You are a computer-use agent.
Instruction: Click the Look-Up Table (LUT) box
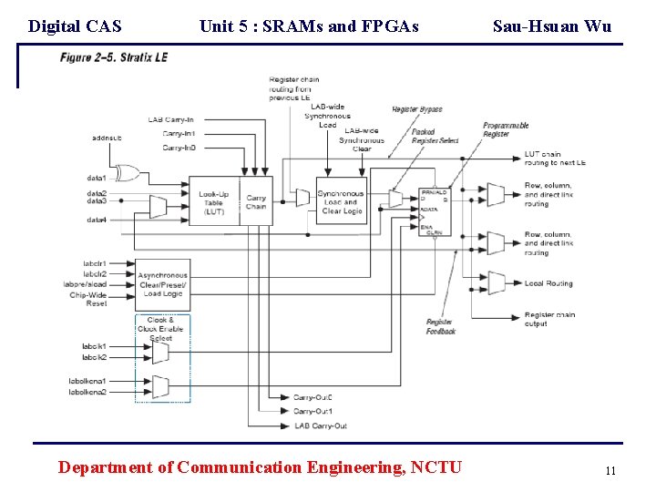[x=214, y=202]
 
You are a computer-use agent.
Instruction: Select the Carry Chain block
[x=256, y=202]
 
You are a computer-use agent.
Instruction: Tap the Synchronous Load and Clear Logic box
[x=341, y=201]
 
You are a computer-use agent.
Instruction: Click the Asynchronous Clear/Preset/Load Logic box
[x=162, y=284]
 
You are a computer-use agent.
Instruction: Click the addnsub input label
[x=107, y=138]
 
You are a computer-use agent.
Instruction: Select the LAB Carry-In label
[x=171, y=119]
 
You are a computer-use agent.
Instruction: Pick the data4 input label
[x=97, y=220]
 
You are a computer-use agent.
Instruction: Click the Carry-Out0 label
[x=313, y=397]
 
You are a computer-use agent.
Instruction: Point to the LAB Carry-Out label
[x=320, y=425]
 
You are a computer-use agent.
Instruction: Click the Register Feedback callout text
[x=441, y=326]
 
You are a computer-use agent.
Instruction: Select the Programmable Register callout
[x=506, y=129]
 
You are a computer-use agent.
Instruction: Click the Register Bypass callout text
[x=417, y=109]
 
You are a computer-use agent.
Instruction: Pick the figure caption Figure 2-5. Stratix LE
[x=120, y=57]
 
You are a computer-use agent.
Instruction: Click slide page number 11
[x=610, y=471]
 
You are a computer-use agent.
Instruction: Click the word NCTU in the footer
[x=436, y=467]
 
